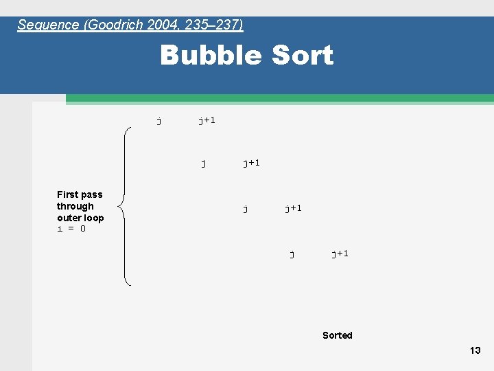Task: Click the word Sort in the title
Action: point(302,56)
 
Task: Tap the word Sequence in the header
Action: point(48,25)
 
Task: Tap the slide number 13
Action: point(475,350)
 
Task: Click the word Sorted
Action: point(338,335)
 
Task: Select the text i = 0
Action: point(71,229)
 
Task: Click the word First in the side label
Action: point(67,194)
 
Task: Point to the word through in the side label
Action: point(75,206)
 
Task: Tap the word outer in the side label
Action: point(69,218)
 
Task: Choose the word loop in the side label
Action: point(93,218)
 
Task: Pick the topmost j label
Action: point(159,121)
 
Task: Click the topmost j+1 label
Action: point(207,121)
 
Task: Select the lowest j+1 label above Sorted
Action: point(340,254)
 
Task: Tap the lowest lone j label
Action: point(292,254)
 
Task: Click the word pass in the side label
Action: point(91,194)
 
